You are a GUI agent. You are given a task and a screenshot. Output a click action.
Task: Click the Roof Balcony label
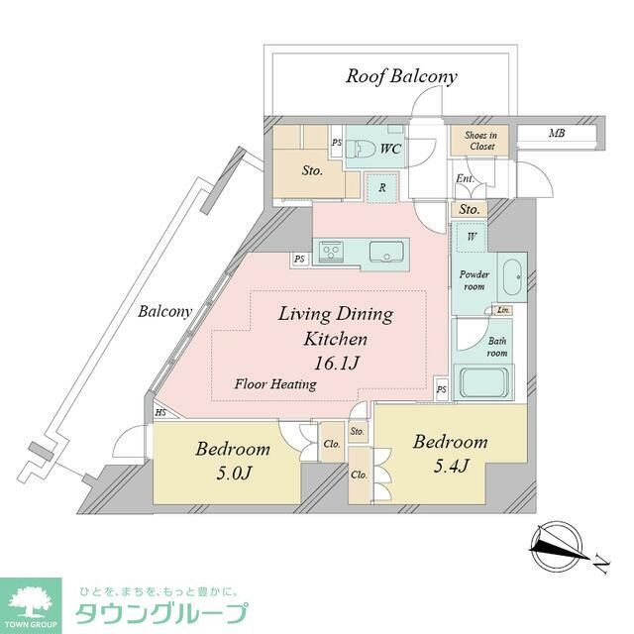pos(401,76)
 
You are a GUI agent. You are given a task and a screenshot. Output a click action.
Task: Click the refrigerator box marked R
pos(378,186)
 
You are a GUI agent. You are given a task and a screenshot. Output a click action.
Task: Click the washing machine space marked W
pos(471,237)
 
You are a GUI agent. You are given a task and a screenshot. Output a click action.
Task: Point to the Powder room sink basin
pos(512,278)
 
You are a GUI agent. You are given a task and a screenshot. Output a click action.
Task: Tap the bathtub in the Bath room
pos(481,382)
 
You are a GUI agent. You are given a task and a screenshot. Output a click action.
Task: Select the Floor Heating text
pos(275,383)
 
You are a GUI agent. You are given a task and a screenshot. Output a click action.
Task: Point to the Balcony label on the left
pos(164,311)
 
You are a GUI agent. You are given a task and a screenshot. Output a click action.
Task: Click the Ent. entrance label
pos(464,179)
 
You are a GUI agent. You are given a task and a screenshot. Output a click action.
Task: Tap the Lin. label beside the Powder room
pos(504,310)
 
